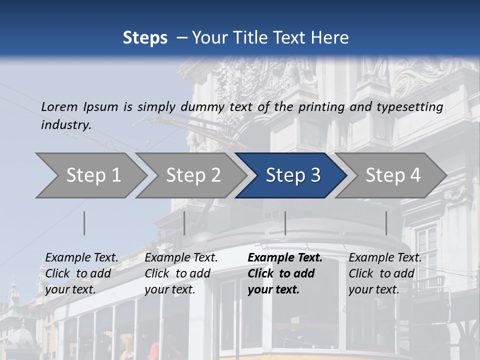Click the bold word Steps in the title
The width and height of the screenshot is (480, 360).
145,37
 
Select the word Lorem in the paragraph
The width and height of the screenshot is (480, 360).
59,106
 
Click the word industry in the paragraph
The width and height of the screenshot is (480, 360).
65,124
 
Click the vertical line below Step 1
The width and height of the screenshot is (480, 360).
84,223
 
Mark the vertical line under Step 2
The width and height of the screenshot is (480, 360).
184,223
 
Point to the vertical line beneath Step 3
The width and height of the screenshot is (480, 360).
285,223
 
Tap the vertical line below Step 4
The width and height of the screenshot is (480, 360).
386,223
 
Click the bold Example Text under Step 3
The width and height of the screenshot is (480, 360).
285,258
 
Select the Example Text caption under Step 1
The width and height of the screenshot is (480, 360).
81,258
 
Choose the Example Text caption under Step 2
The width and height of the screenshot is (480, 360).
181,258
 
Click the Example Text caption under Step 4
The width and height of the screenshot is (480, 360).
385,258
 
